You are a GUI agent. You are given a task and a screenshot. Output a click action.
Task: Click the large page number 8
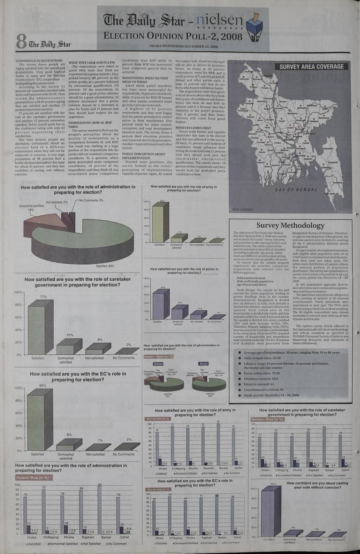click(x=20, y=41)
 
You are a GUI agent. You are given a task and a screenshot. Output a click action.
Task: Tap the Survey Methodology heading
click(x=290, y=225)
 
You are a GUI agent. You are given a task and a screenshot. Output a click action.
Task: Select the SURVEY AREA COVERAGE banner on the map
click(x=311, y=67)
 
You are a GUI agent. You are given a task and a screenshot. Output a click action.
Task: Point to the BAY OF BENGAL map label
click(x=296, y=190)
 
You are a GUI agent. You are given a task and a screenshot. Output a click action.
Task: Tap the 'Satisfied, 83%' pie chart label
click(x=105, y=266)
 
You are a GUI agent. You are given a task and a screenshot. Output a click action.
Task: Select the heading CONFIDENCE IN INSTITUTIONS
click(x=39, y=61)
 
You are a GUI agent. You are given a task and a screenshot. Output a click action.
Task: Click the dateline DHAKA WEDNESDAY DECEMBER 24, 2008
click(x=183, y=47)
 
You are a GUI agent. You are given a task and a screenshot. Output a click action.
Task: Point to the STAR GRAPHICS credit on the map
click(x=242, y=209)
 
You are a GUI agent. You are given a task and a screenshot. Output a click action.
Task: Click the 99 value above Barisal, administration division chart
click(x=100, y=485)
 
